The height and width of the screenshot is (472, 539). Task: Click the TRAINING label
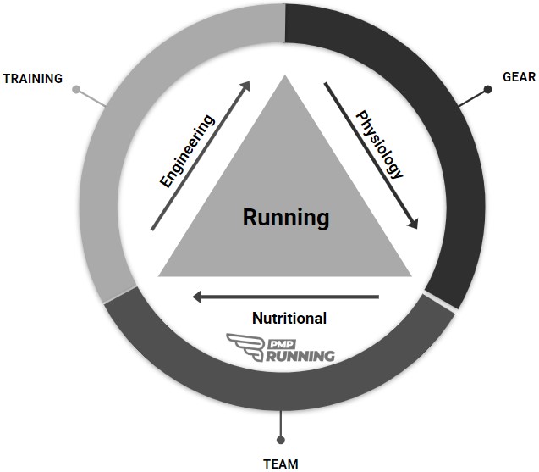tap(33, 79)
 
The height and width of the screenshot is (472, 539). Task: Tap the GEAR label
tap(519, 76)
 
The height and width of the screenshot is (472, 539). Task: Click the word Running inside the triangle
tap(286, 218)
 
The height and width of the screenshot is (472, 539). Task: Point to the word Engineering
tap(188, 150)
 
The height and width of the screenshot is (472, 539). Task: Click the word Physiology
tap(378, 144)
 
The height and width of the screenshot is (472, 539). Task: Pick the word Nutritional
tap(289, 319)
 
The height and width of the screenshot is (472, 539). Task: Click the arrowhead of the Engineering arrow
tap(246, 86)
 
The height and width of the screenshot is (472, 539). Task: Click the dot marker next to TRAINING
tap(76, 89)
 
